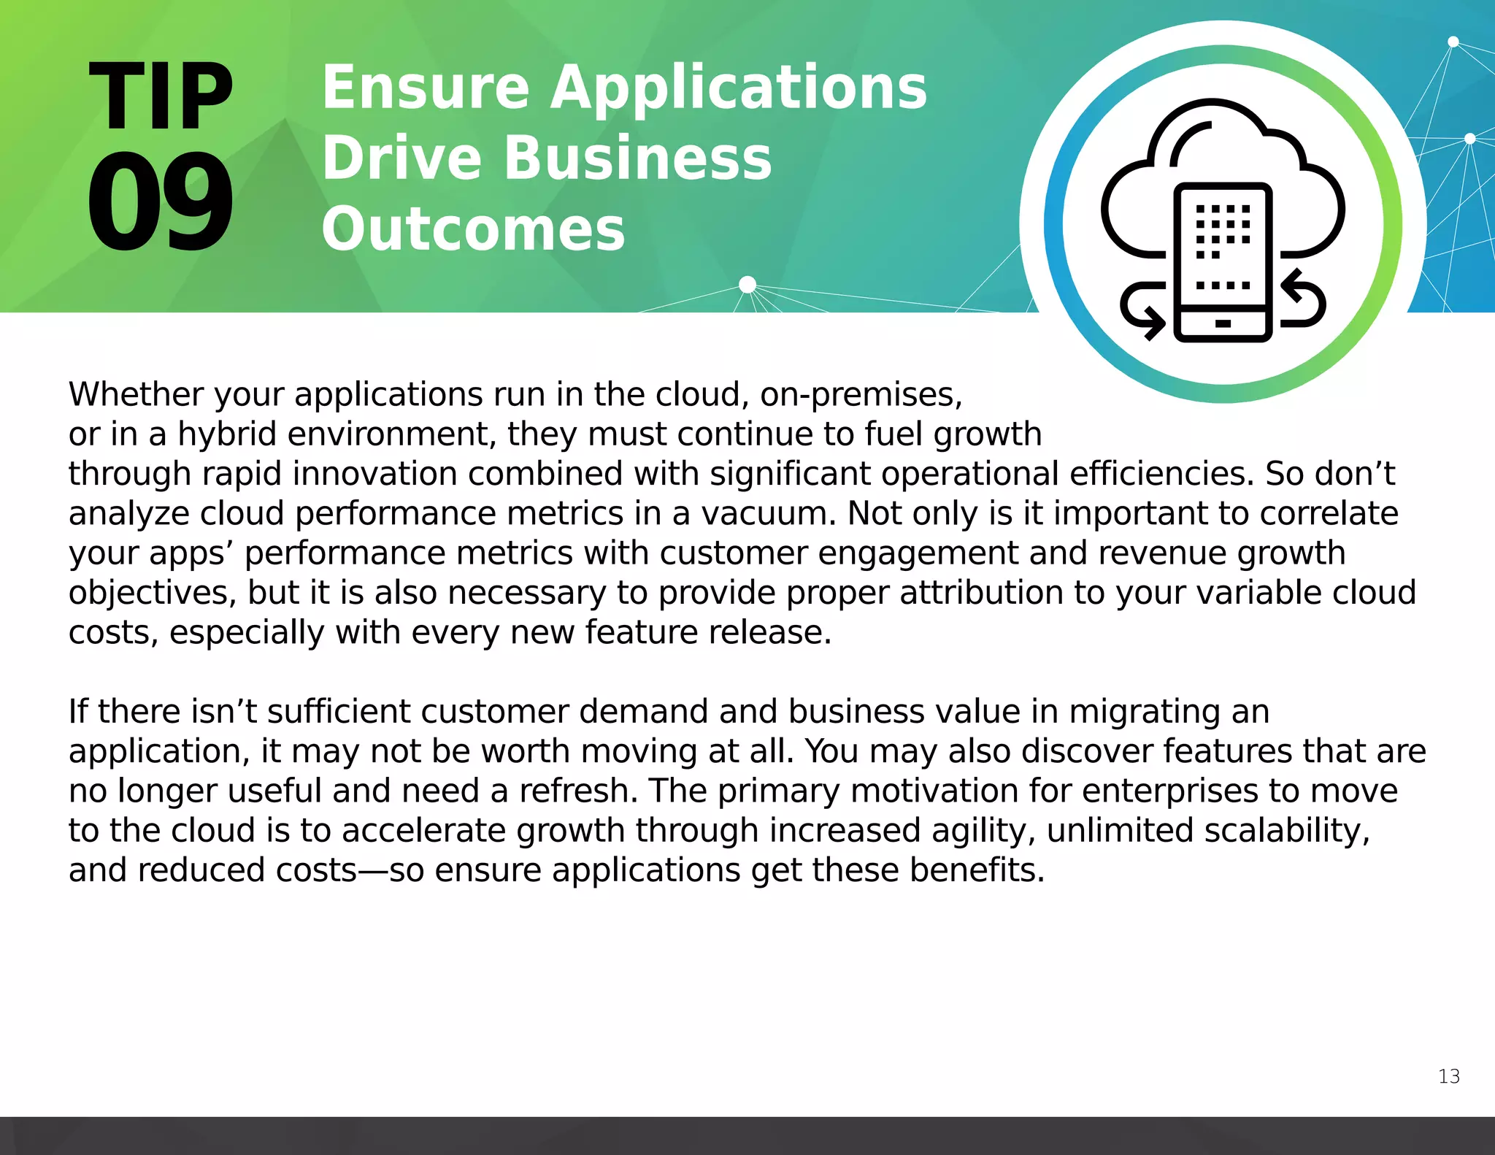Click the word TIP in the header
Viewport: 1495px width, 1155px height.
tap(161, 96)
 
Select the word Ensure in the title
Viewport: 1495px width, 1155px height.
tap(426, 88)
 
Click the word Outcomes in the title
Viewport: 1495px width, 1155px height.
tap(473, 229)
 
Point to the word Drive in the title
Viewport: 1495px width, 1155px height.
tap(401, 158)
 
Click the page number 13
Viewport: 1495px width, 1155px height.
tap(1448, 1076)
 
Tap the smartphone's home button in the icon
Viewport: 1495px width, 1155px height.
tap(1223, 323)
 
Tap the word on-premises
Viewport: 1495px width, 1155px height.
tap(861, 395)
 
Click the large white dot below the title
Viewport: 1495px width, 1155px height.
tap(747, 285)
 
